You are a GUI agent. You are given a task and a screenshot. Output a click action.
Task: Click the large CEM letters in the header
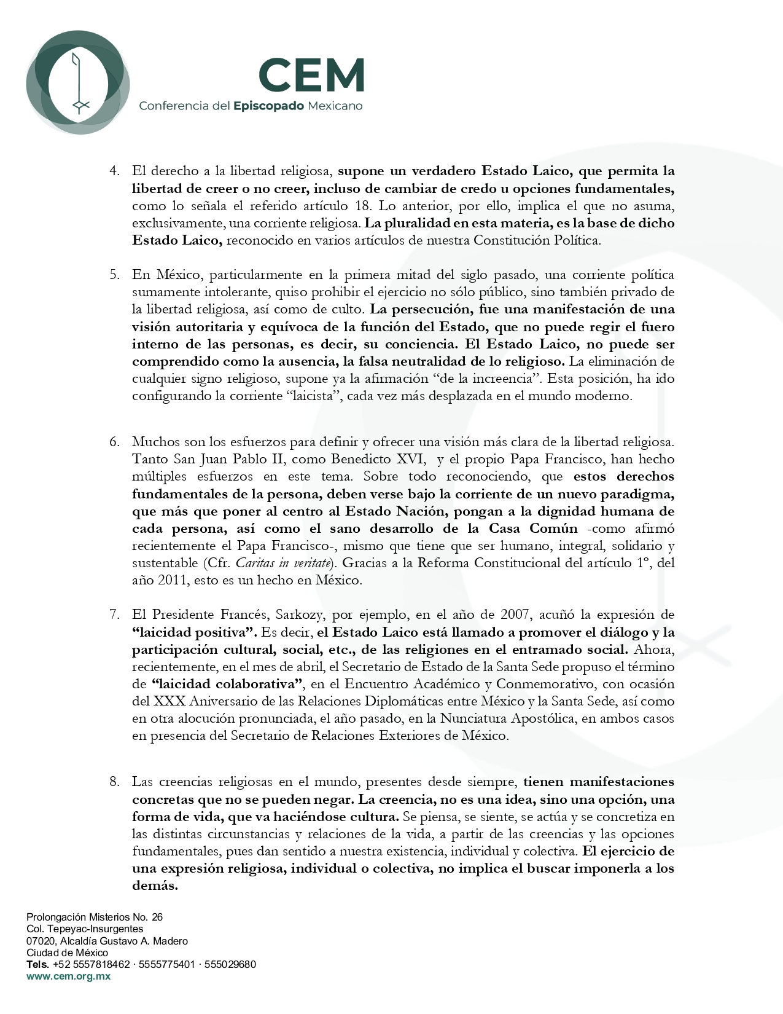[311, 75]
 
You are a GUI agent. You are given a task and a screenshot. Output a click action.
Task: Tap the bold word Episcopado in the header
[268, 106]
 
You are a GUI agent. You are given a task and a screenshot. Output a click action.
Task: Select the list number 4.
[114, 171]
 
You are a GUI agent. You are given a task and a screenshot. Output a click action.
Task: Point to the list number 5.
[114, 275]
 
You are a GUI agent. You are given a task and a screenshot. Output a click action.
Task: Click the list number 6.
[114, 442]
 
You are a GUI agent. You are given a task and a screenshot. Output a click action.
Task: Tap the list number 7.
[114, 615]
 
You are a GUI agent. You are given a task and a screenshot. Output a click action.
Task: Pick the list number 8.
[114, 782]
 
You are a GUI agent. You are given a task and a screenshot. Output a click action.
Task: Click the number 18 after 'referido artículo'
[363, 206]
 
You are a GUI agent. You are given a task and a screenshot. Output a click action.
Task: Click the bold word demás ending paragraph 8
[155, 886]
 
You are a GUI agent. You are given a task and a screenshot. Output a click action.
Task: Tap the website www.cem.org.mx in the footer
[68, 976]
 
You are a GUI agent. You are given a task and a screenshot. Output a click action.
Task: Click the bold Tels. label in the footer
[37, 964]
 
